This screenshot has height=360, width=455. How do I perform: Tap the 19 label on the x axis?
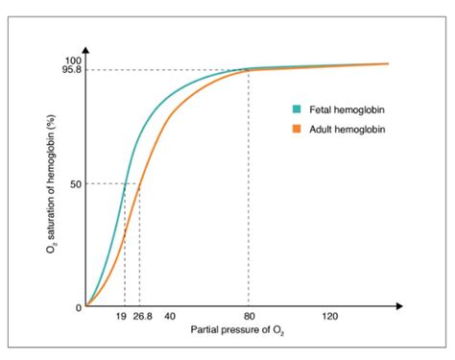click(121, 317)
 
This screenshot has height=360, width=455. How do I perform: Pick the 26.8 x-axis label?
click(142, 317)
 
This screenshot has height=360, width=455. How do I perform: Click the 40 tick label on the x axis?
click(169, 317)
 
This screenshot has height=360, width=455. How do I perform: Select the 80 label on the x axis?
click(249, 317)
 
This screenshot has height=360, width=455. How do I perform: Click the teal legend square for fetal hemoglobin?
click(298, 108)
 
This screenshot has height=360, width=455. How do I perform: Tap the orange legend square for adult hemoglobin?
click(298, 129)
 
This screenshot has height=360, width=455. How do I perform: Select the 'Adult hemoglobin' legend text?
click(346, 129)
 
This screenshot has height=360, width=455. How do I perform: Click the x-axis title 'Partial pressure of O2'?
click(238, 331)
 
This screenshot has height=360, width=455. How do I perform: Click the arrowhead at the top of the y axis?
click(86, 49)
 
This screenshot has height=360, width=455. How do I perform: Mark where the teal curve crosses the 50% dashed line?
click(125, 183)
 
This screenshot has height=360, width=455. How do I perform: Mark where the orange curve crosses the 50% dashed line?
click(140, 183)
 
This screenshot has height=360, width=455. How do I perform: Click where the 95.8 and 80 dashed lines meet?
click(249, 70)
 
